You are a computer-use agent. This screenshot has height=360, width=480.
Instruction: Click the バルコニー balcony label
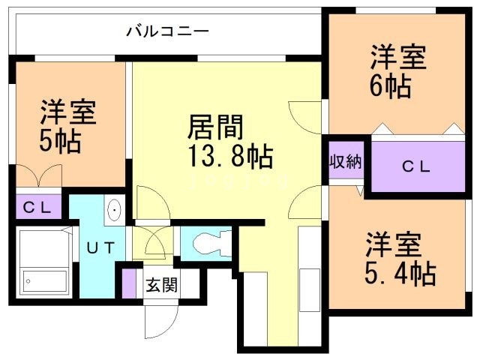tap(167, 31)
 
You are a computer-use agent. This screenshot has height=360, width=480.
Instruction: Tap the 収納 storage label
tap(345, 161)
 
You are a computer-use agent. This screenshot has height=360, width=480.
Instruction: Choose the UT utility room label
tap(100, 247)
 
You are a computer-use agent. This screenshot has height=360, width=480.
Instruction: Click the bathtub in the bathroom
tap(45, 262)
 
